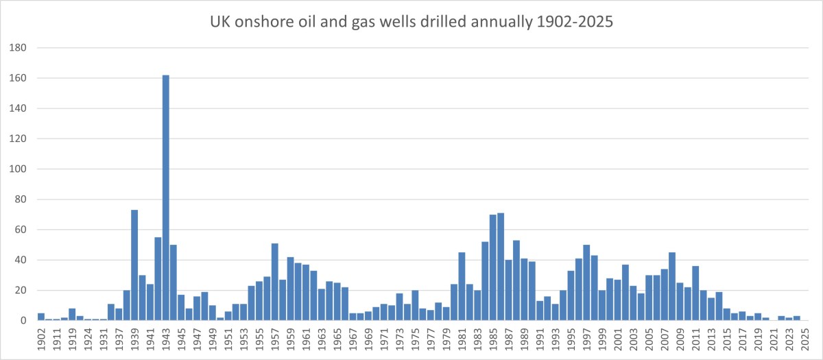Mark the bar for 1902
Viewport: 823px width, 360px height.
pos(41,317)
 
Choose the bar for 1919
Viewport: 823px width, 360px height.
pos(72,314)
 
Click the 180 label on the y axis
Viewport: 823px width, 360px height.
pos(19,48)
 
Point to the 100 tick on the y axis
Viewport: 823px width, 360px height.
pos(19,169)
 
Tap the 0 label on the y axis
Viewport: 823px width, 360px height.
pos(23,320)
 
